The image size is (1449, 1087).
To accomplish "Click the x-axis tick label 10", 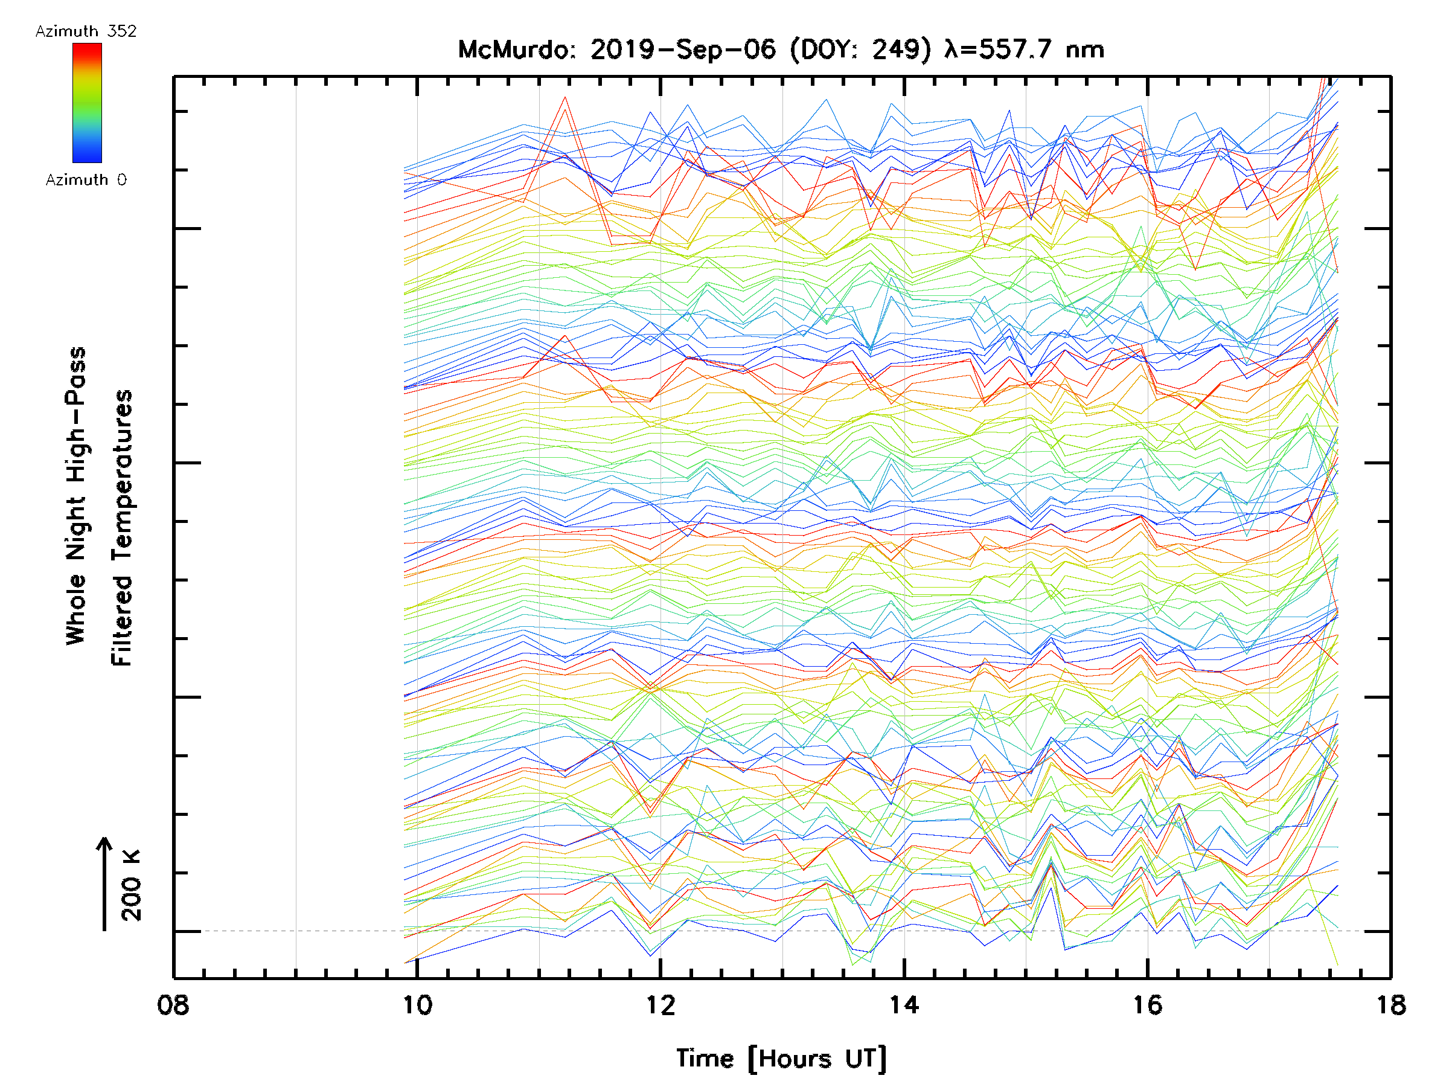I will click(x=417, y=1005).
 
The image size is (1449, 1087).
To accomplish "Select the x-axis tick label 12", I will click(x=661, y=1005).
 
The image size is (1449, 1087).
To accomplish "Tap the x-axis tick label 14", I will click(x=904, y=1005).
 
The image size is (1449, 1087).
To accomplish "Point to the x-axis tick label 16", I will click(x=1147, y=1005).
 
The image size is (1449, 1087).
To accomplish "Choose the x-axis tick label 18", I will click(x=1390, y=1005).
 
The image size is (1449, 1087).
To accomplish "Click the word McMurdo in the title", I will click(x=517, y=50).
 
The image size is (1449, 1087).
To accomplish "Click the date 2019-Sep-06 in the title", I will click(x=683, y=50).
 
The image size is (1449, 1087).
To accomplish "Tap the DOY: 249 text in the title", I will click(x=860, y=50).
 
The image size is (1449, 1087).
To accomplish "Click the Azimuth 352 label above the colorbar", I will click(x=86, y=31).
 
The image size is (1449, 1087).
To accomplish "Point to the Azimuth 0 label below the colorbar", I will click(x=86, y=180).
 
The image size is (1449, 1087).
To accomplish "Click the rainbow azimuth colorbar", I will click(x=87, y=103).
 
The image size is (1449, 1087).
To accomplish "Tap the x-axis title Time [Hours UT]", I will click(x=781, y=1059).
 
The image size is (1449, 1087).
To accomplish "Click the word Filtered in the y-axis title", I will click(x=122, y=620).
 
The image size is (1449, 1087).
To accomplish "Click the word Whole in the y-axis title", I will click(x=76, y=609).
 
